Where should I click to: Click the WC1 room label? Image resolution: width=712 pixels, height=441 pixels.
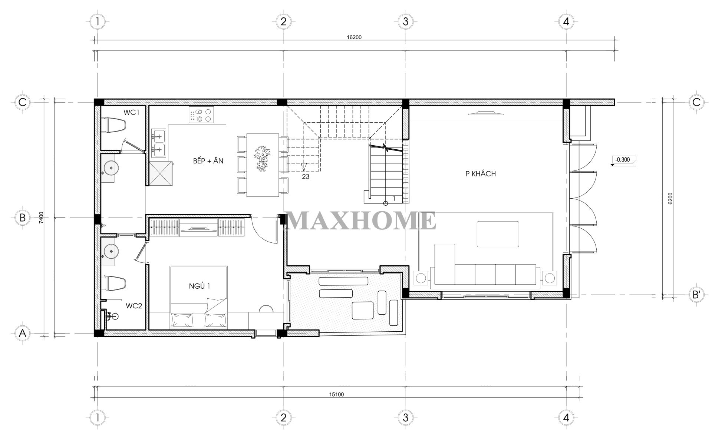coord(132,112)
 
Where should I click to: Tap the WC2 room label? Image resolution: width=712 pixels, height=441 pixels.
coord(134,306)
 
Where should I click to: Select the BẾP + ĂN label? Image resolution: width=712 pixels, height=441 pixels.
coord(208,161)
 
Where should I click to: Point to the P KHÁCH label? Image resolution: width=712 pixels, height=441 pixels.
coord(481,174)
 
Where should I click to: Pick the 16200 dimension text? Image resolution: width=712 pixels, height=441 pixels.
coord(354,37)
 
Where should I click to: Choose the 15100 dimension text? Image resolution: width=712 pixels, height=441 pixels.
coord(336,394)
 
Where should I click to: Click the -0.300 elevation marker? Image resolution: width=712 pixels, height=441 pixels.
coord(623,160)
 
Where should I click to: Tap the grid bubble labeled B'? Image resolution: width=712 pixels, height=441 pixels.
coord(696,295)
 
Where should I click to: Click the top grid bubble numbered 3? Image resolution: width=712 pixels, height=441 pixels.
coord(405,21)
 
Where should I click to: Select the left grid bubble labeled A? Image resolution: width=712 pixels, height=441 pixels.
coord(23,334)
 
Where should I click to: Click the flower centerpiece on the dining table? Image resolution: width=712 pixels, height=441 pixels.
coord(263,158)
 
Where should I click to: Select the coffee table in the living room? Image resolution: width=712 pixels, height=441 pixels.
coord(498,234)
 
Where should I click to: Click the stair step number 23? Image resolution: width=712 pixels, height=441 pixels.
coord(306,177)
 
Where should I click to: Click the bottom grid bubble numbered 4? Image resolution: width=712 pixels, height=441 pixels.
coord(566,418)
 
